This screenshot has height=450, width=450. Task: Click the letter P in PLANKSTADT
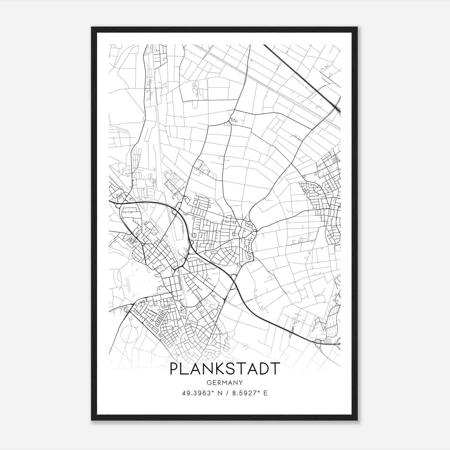(175, 369)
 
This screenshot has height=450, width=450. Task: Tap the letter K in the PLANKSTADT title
(222, 369)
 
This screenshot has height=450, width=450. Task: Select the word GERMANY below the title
(224, 382)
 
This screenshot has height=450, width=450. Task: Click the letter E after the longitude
(265, 393)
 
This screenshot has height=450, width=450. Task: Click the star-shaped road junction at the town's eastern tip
(256, 231)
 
